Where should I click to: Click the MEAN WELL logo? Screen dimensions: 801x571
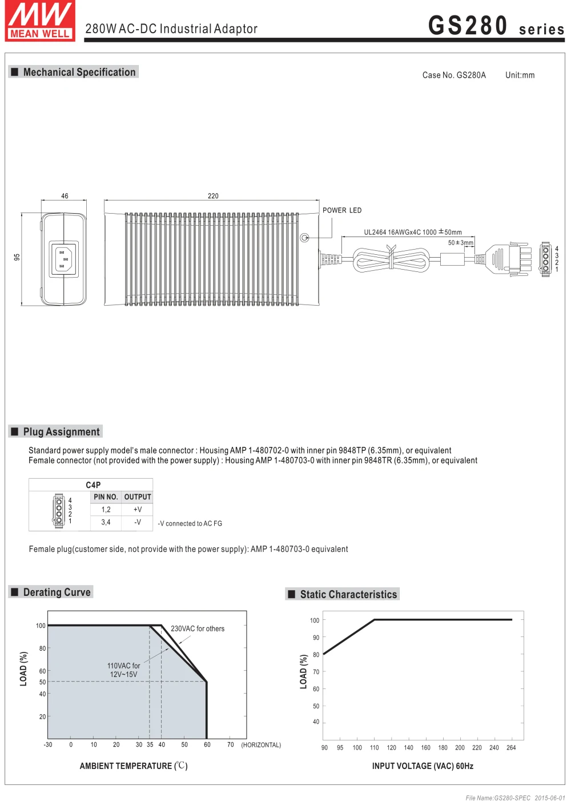(x=40, y=21)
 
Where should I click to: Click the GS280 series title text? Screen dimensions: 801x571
(x=496, y=26)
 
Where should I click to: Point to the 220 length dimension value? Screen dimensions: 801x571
(x=213, y=196)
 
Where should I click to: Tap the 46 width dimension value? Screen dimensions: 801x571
(x=65, y=196)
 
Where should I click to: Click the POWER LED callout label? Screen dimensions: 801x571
(x=342, y=210)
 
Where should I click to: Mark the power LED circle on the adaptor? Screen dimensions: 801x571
(x=304, y=238)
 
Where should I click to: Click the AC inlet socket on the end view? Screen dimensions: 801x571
(x=63, y=259)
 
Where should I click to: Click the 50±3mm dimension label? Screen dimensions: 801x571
(x=460, y=243)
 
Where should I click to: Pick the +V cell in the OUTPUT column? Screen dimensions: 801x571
(x=138, y=509)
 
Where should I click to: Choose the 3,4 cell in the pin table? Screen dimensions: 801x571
(x=106, y=522)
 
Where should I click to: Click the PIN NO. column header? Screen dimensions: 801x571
(x=106, y=497)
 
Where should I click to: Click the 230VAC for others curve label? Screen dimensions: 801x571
(x=198, y=628)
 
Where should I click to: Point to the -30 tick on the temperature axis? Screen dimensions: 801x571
(x=48, y=744)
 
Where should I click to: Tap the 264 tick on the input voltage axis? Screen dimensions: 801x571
(x=511, y=747)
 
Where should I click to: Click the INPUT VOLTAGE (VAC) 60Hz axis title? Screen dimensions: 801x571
(x=423, y=766)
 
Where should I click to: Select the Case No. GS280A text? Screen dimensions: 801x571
(x=454, y=75)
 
